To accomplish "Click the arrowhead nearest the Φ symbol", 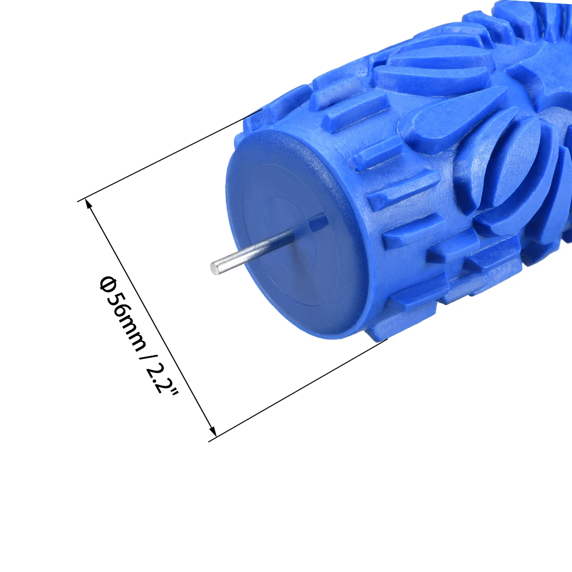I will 89,204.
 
